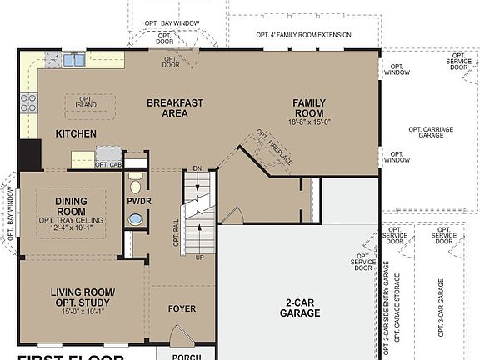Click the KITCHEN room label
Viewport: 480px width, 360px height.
(76, 133)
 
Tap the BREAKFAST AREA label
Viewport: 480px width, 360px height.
(175, 109)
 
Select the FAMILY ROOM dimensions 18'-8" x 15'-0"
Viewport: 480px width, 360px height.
(308, 121)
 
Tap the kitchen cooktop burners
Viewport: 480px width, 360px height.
(28, 102)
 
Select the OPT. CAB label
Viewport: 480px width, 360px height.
(107, 165)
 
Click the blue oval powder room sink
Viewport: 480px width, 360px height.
(135, 220)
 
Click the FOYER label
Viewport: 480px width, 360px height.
(182, 309)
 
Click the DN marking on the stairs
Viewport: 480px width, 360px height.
(197, 168)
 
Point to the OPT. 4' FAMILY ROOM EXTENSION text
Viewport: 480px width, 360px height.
(303, 35)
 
